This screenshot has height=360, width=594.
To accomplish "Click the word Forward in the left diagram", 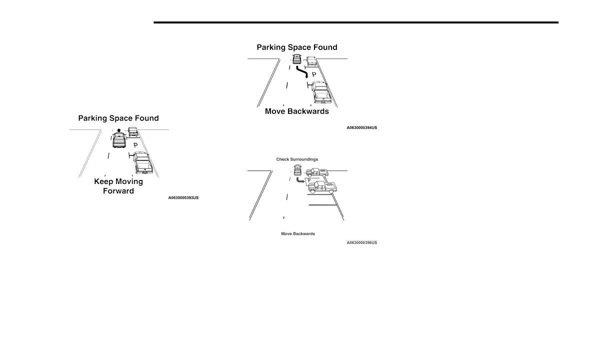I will pyautogui.click(x=118, y=191).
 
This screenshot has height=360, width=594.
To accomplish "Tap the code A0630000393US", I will pyautogui.click(x=183, y=198).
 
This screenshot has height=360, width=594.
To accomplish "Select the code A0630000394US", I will pyautogui.click(x=362, y=128).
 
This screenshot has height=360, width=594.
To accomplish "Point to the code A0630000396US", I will pyautogui.click(x=362, y=242).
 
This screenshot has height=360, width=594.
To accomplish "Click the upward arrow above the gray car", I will pyautogui.click(x=118, y=131).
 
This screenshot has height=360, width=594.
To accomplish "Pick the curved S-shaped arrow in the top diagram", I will pyautogui.click(x=302, y=73).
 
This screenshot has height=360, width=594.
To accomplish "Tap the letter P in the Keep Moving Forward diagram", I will pyautogui.click(x=135, y=145).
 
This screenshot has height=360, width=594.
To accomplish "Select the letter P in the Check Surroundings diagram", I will pyautogui.click(x=308, y=180).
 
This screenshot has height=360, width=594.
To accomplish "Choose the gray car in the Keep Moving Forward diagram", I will pyautogui.click(x=118, y=140).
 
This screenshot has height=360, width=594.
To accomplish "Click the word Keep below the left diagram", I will pyautogui.click(x=103, y=181).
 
